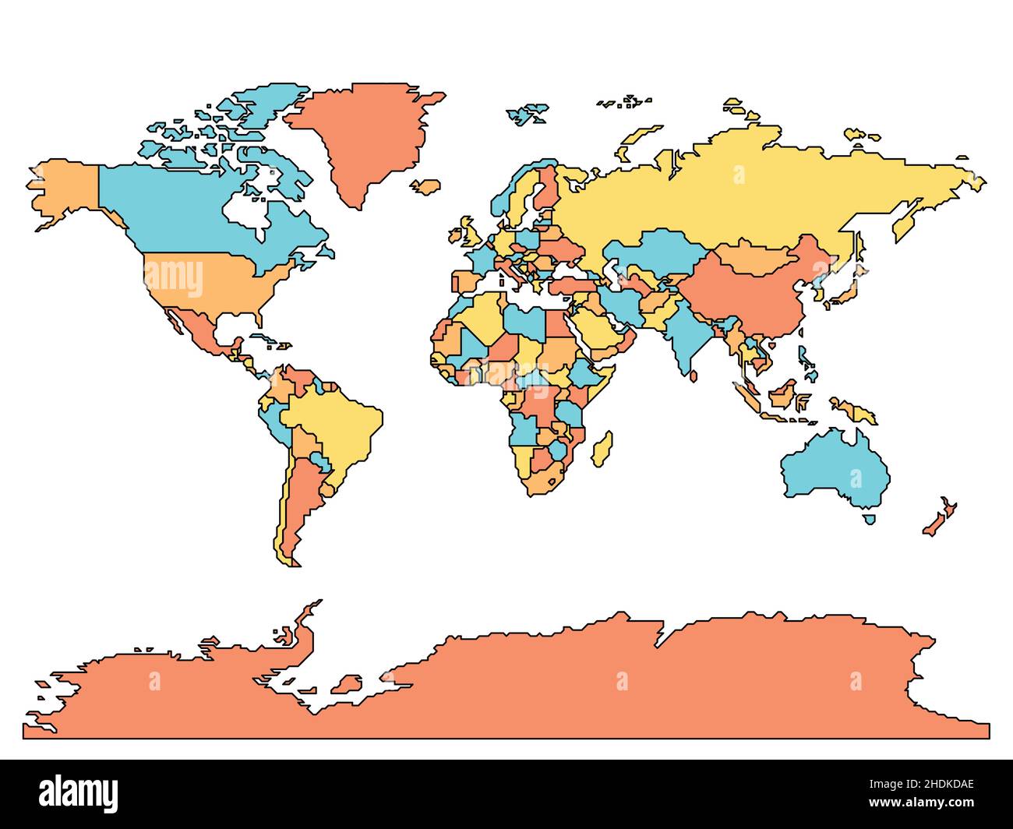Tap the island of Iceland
(x=425, y=186)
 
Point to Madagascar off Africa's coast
(x=602, y=449)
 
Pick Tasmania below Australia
(x=869, y=519)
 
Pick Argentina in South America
(x=300, y=499)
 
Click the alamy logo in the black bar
(x=79, y=792)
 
